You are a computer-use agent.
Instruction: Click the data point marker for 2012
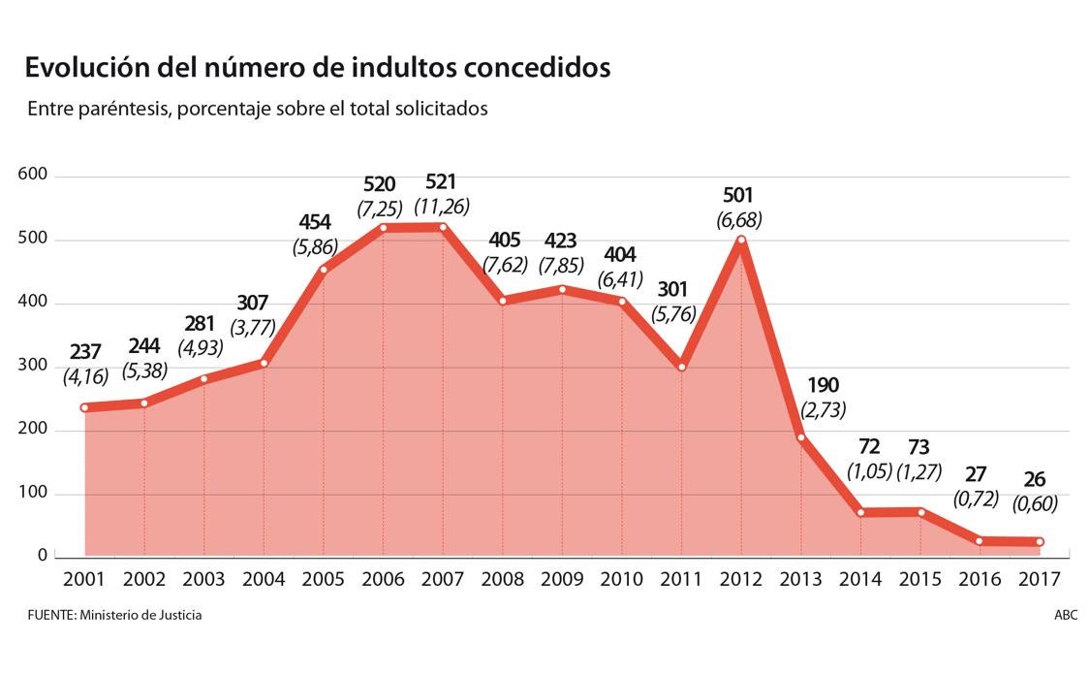pos(741,240)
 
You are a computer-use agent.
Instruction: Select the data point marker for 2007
pos(443,227)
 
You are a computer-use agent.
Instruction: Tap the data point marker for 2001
pos(85,407)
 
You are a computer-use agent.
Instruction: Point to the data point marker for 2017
pos(1040,541)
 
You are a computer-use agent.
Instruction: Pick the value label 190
pos(822,385)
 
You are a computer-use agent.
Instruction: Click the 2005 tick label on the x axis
pos(323,580)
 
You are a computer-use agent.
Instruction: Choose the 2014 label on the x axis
pos(860,580)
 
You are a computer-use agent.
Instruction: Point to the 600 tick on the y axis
pos(33,176)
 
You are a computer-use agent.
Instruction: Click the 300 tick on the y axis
pos(33,366)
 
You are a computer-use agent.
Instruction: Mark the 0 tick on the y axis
pos(43,556)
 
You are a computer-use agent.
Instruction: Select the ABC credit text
pos(1066,615)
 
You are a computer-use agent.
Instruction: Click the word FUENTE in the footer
pos(49,615)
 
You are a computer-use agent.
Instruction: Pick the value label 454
pos(315,222)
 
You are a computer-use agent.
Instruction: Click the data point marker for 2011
pos(681,367)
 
